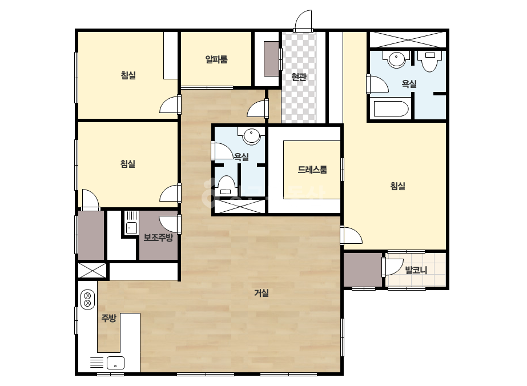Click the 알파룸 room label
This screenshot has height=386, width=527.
(x=216, y=59)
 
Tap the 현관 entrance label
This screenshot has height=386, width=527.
(x=299, y=77)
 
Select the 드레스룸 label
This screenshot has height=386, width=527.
(x=312, y=170)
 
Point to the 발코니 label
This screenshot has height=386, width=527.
(x=416, y=270)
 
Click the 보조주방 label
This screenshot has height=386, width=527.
(x=158, y=238)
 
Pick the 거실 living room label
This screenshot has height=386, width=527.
(x=261, y=293)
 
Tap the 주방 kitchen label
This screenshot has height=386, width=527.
(x=109, y=317)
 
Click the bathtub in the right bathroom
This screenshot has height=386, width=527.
(x=391, y=108)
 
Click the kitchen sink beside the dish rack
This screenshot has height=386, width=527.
(x=115, y=363)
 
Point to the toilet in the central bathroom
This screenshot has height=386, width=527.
(x=226, y=186)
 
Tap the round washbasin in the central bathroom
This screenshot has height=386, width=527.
(x=251, y=136)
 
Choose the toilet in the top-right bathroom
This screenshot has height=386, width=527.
(x=430, y=61)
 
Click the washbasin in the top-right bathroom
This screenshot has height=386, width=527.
(x=397, y=59)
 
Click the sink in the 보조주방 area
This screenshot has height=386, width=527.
(x=131, y=228)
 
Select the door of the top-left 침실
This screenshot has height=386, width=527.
(x=170, y=104)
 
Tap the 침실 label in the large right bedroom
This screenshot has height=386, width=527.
(x=397, y=186)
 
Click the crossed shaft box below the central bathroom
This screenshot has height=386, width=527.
(x=239, y=206)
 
